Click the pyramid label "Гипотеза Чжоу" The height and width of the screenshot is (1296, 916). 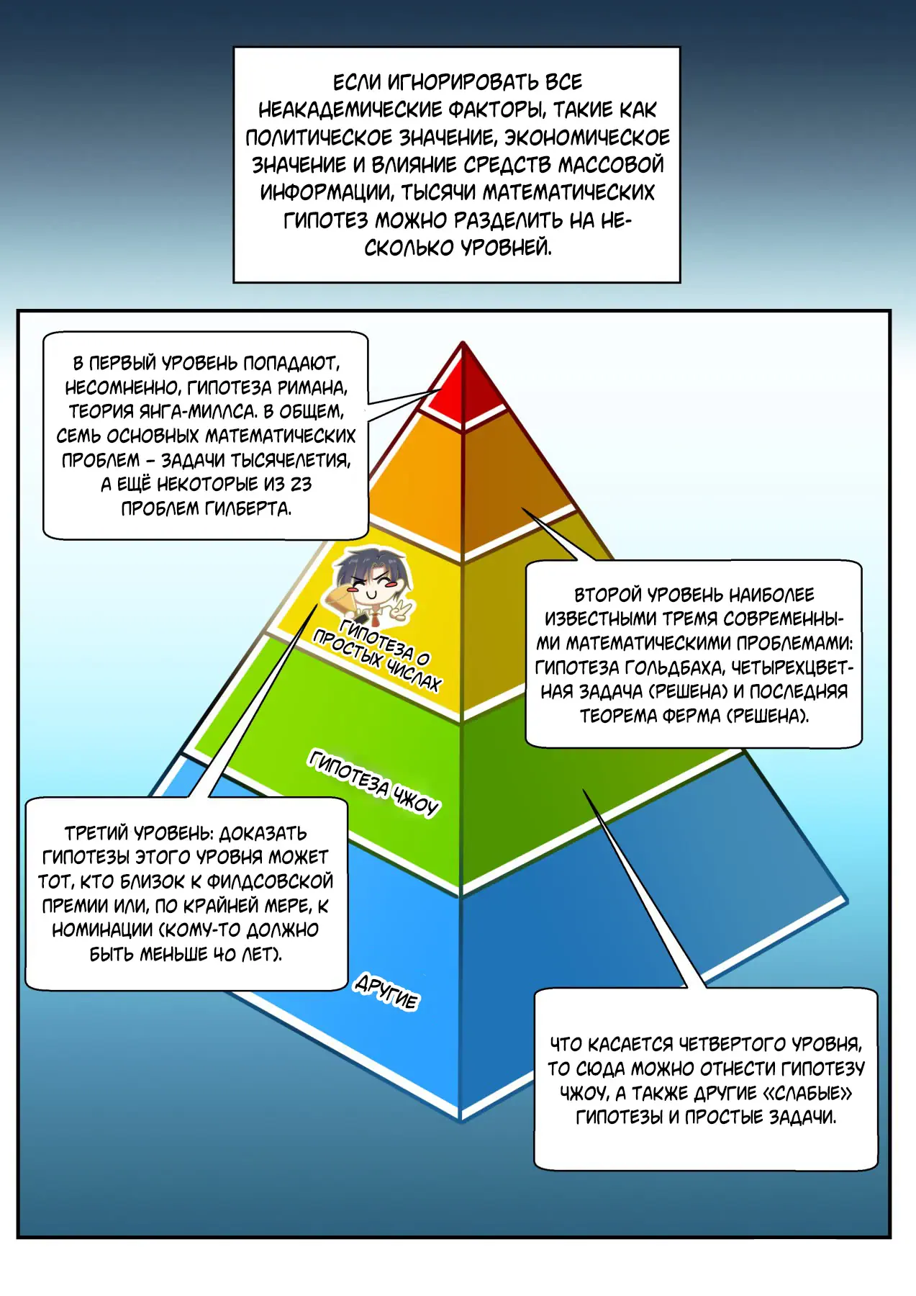pyautogui.click(x=373, y=782)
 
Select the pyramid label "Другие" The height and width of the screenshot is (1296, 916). pyautogui.click(x=386, y=992)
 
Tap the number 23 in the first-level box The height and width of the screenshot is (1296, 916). pyautogui.click(x=301, y=484)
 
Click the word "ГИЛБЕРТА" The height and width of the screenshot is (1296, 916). pyautogui.click(x=248, y=508)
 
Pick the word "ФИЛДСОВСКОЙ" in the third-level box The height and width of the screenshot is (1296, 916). pyautogui.click(x=270, y=881)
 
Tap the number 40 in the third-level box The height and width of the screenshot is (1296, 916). pyautogui.click(x=224, y=954)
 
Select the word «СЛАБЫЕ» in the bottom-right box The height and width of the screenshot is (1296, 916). pyautogui.click(x=807, y=1093)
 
